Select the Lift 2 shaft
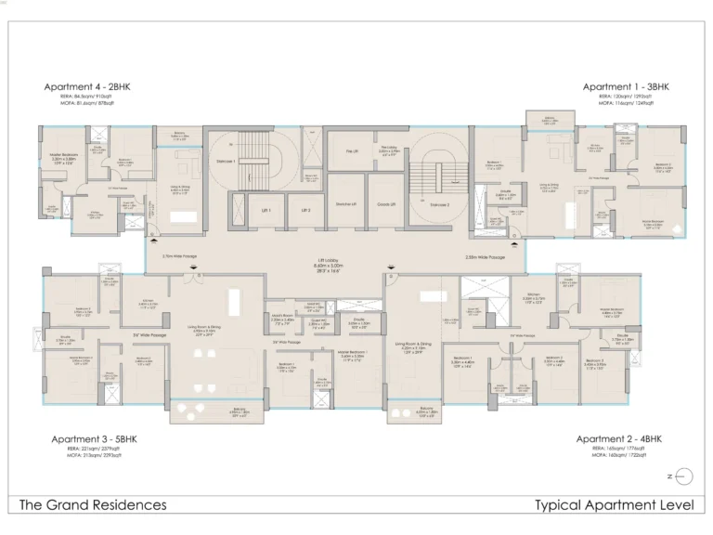[305, 211]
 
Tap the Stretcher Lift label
[346, 202]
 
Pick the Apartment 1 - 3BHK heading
[626, 86]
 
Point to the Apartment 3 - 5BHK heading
[87, 438]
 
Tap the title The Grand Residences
[93, 505]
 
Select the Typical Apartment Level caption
[614, 505]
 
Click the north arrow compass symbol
[681, 476]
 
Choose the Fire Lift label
[351, 150]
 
